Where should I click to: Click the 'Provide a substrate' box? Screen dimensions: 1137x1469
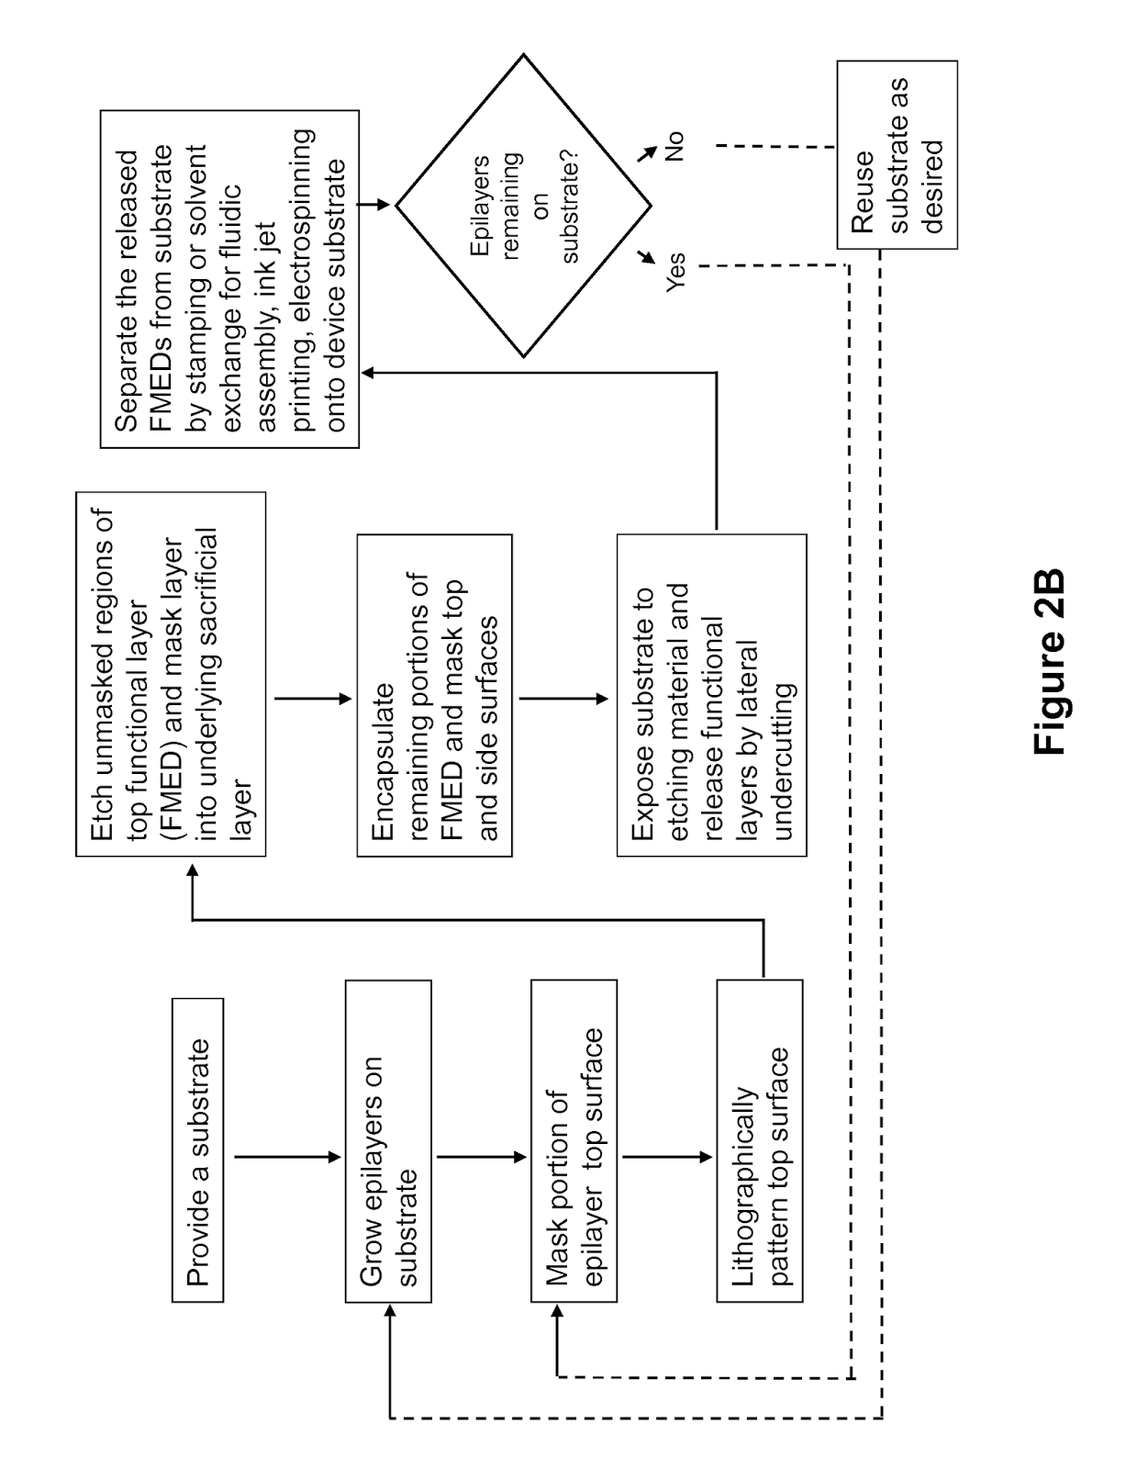(198, 1149)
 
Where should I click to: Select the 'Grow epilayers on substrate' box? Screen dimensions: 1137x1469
(388, 1141)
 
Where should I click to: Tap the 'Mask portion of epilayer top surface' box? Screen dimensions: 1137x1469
(574, 1141)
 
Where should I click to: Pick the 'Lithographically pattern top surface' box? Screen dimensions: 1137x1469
(760, 1141)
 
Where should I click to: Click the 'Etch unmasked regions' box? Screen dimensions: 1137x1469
(171, 674)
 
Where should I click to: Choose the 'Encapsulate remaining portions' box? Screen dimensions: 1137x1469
(434, 696)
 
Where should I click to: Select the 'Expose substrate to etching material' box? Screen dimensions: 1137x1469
(712, 696)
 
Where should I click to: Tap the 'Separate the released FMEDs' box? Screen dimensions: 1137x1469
(229, 279)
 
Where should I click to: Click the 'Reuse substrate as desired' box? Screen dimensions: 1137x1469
(897, 155)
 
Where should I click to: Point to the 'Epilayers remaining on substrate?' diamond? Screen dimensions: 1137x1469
(524, 206)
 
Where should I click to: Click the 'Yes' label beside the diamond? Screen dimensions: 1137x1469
(675, 272)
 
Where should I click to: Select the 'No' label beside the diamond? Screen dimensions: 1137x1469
(674, 146)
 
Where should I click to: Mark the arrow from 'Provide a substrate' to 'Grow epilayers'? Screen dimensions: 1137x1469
(287, 1158)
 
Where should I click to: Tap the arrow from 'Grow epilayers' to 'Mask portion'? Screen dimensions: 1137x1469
(482, 1158)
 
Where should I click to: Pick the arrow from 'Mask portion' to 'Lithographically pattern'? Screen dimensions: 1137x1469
(667, 1158)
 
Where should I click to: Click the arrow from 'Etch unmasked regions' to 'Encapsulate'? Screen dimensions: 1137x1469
(314, 699)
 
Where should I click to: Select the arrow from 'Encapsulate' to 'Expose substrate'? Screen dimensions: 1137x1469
(564, 699)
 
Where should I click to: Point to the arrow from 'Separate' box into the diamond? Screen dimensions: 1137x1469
(373, 204)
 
